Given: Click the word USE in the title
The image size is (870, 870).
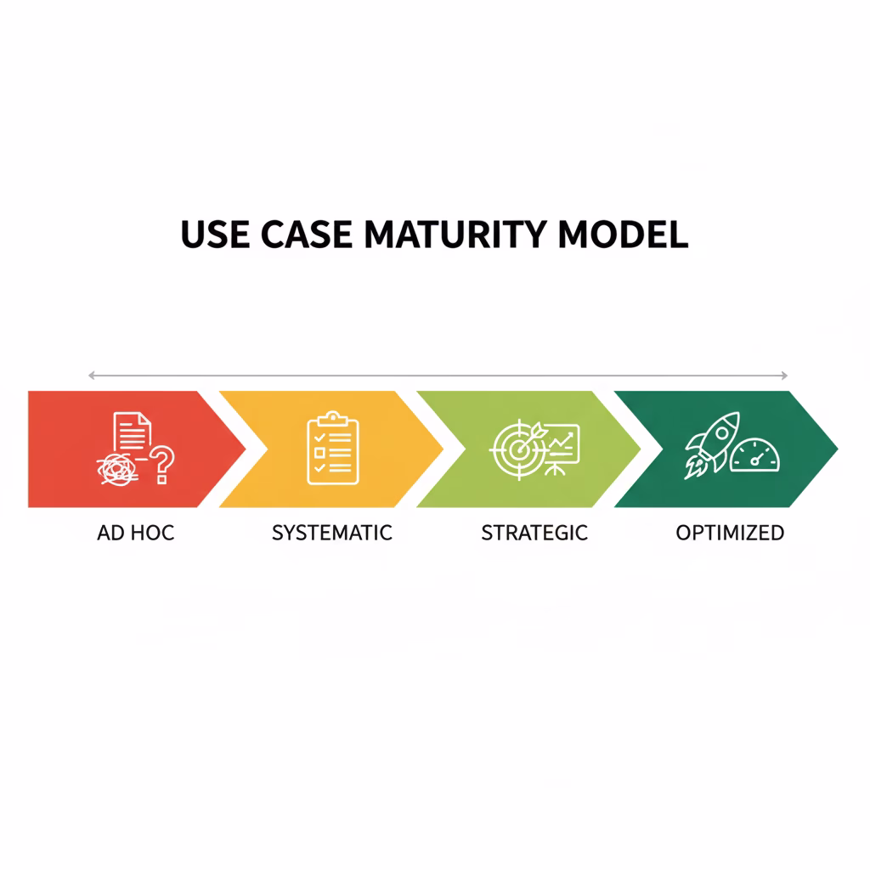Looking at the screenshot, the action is click(216, 234).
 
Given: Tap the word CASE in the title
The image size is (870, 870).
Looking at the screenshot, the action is click(309, 234).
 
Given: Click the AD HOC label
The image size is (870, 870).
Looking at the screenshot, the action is click(135, 534).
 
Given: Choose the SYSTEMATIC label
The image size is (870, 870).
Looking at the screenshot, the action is click(331, 534).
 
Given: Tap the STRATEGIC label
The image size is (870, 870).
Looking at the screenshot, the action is click(534, 534).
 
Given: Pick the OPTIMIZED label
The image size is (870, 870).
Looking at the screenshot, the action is click(729, 534).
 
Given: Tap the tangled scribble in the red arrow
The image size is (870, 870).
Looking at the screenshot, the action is click(118, 468).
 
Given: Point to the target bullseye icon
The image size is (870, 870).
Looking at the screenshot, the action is click(515, 449).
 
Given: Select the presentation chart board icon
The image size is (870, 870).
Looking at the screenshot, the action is click(559, 445).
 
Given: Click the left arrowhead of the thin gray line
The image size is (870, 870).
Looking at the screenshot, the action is click(90, 375).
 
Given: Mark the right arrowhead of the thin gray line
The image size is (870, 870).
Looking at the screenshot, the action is click(786, 375).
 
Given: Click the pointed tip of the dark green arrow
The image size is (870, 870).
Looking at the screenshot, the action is click(836, 449).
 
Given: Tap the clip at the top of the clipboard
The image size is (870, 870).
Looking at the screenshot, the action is click(332, 417).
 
